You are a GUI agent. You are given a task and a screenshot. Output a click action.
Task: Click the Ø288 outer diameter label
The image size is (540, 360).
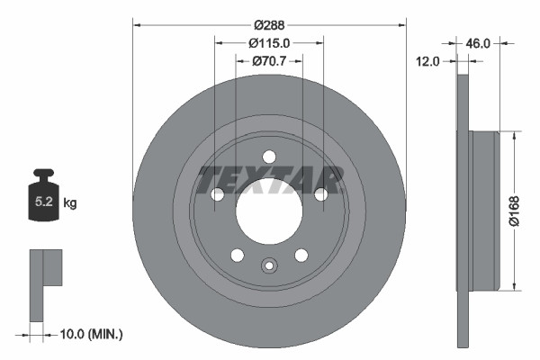269,25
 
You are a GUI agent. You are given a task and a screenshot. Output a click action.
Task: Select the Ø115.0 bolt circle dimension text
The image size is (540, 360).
270,42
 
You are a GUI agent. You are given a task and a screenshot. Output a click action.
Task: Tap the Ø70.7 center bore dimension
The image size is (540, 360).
269,60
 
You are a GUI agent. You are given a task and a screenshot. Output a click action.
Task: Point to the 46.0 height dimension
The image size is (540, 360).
477,42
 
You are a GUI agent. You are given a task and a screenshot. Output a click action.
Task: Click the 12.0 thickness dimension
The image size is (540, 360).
427,61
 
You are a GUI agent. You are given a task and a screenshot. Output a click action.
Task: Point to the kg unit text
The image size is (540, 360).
70,204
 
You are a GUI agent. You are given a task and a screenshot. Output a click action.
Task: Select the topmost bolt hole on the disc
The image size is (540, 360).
268,157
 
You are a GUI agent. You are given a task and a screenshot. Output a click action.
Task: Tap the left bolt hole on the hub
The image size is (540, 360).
217,193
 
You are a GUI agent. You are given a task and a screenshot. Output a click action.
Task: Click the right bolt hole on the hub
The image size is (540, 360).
319,193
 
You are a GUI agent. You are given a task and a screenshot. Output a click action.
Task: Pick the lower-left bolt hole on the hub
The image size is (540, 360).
237,254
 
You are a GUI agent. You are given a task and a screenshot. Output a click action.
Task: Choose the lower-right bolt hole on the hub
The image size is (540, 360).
301,254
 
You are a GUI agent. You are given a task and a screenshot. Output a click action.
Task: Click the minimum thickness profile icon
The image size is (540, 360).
45,283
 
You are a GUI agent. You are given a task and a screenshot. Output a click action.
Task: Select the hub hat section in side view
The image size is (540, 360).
484,211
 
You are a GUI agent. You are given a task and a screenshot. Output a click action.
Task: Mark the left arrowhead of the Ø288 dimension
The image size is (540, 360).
137,25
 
